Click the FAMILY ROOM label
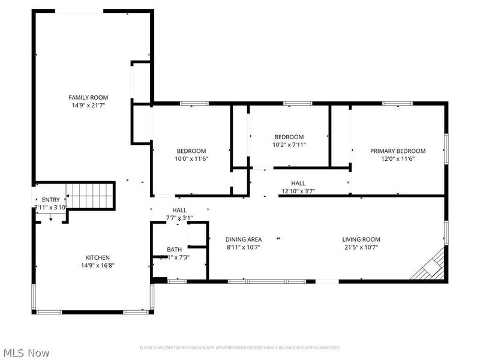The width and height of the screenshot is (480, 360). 88,97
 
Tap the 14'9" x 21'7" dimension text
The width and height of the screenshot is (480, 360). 88,105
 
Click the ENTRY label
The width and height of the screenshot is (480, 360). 50,200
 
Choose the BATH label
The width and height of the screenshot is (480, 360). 174,250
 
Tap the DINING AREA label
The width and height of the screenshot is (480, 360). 244,239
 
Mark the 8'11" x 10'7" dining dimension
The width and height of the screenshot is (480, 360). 244,247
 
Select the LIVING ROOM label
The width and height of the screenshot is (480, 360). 361,239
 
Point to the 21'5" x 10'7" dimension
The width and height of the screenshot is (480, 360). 361,247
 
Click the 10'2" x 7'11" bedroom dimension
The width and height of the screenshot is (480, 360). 289,145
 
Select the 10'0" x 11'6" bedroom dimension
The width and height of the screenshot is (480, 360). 191,159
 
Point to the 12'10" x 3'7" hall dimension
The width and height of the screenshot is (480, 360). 298,191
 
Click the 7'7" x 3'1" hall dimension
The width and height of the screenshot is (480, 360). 179,218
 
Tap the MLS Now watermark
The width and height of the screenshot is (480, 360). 26,353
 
